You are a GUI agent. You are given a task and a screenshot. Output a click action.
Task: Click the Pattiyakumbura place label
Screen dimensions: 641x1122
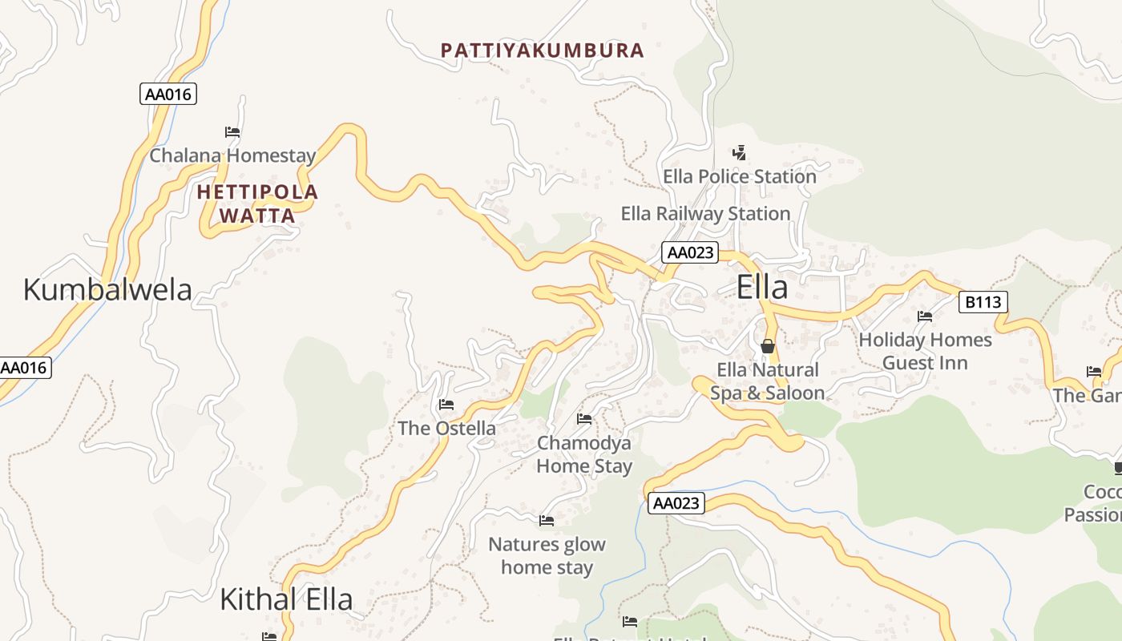pyautogui.click(x=543, y=50)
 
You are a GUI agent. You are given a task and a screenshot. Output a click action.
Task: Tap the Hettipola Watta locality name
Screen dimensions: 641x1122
pyautogui.click(x=257, y=204)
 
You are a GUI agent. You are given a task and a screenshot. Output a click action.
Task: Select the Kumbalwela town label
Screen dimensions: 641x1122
pyautogui.click(x=107, y=289)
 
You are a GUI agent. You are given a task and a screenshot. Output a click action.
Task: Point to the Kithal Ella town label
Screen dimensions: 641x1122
pyautogui.click(x=286, y=599)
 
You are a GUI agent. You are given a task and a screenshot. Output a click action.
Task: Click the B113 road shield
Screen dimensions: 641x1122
pyautogui.click(x=983, y=302)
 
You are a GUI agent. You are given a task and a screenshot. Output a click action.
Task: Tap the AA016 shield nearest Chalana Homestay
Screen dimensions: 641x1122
pyautogui.click(x=167, y=94)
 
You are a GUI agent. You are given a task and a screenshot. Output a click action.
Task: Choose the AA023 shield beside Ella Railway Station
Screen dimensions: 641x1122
pyautogui.click(x=690, y=252)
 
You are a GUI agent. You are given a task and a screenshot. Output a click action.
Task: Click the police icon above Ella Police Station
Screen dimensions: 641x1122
pyautogui.click(x=739, y=152)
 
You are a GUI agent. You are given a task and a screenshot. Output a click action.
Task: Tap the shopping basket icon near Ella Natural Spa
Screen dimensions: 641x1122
pyautogui.click(x=768, y=346)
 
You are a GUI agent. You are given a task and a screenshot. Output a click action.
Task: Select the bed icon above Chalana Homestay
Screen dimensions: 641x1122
pyautogui.click(x=232, y=132)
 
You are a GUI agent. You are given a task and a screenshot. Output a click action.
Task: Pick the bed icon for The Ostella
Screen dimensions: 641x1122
pyautogui.click(x=446, y=405)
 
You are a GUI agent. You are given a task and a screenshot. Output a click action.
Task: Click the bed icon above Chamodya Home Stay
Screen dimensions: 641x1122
pyautogui.click(x=584, y=419)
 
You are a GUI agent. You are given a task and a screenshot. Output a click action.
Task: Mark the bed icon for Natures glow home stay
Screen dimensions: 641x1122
pyautogui.click(x=547, y=521)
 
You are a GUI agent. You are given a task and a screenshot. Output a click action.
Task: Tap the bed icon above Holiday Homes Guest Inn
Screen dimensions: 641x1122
pyautogui.click(x=925, y=316)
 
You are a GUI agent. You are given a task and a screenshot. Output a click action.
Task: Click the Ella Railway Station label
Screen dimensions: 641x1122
pyautogui.click(x=705, y=214)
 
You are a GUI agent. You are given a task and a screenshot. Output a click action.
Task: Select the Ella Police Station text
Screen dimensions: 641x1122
pyautogui.click(x=739, y=176)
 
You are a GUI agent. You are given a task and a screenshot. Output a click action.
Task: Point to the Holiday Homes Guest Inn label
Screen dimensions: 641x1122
pyautogui.click(x=925, y=351)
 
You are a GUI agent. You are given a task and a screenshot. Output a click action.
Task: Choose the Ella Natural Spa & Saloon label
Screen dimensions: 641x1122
pyautogui.click(x=767, y=381)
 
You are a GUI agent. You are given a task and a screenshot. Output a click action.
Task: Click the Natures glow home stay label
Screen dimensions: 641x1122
pyautogui.click(x=547, y=556)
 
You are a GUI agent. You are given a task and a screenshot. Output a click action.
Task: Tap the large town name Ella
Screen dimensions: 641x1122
pyautogui.click(x=761, y=288)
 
